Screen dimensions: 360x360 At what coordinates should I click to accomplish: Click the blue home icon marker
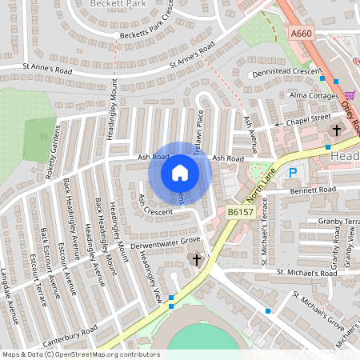pyautogui.click(x=180, y=172)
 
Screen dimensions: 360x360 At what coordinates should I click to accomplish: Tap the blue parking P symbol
pyautogui.click(x=293, y=172)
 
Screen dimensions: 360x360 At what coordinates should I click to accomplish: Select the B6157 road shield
pyautogui.click(x=240, y=211)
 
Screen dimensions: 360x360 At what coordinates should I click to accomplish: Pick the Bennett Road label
pyautogui.click(x=314, y=190)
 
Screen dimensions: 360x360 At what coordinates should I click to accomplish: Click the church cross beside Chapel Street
pyautogui.click(x=336, y=130)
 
